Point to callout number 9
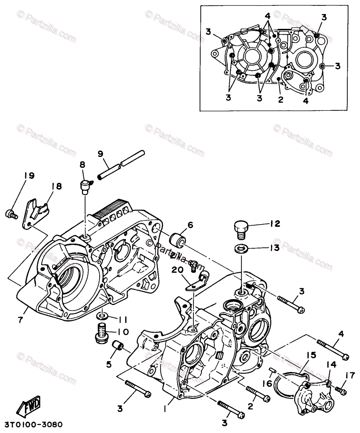101,153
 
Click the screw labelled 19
10,214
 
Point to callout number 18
57,186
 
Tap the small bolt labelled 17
341,390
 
